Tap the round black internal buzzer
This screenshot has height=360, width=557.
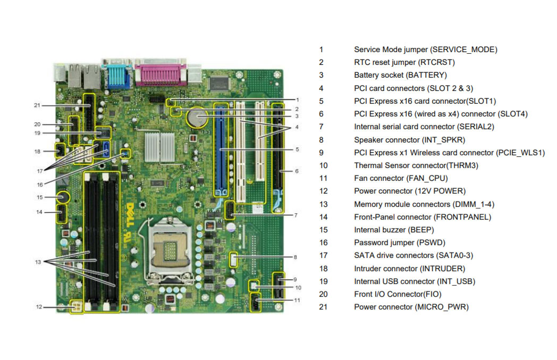[x=62, y=197]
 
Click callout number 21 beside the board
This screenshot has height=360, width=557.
[x=37, y=105]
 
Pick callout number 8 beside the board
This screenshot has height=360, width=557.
[x=295, y=257]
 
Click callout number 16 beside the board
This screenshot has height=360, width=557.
[x=40, y=185]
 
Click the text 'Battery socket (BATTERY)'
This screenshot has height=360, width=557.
[x=400, y=75]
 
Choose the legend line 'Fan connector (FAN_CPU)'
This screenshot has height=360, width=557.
[x=401, y=178]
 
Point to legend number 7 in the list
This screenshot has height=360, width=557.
[x=321, y=127]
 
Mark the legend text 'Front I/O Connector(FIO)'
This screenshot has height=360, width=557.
[x=398, y=294]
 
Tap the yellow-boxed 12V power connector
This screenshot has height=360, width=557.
[x=77, y=307]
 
